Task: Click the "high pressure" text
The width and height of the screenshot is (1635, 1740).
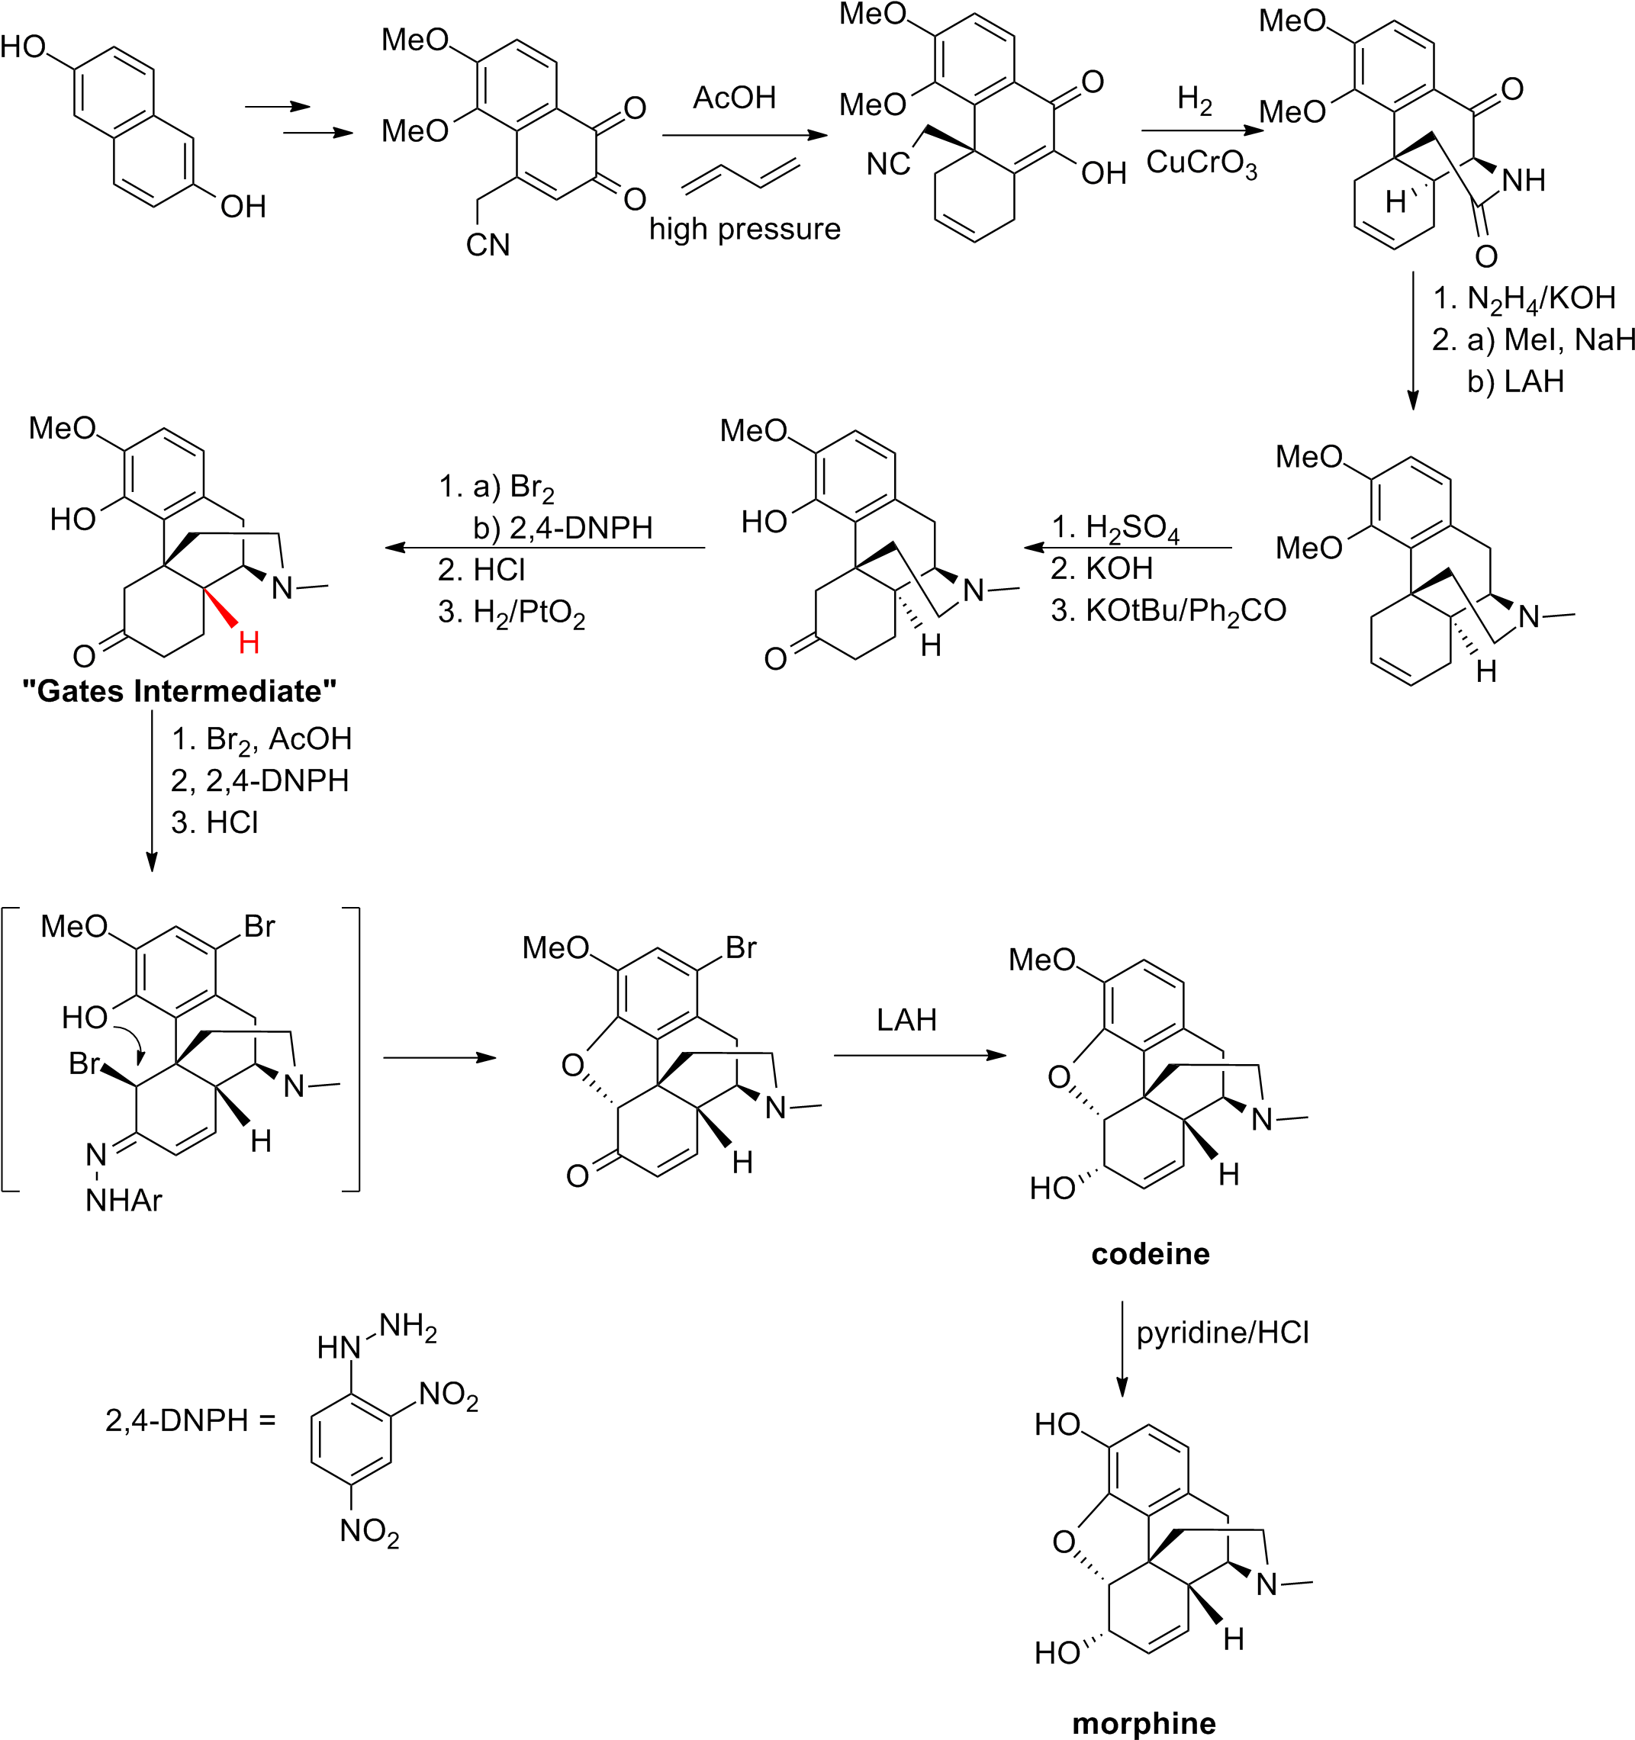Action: point(745,230)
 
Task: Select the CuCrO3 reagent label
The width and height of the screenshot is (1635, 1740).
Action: point(1202,164)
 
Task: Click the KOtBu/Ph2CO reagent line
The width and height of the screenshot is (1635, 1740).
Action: point(1170,610)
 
